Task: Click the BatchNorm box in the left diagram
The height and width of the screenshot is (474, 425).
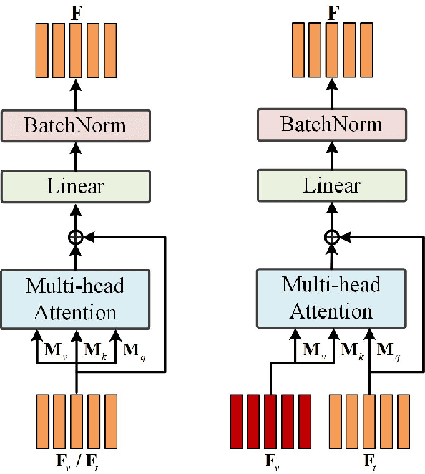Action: [75, 126]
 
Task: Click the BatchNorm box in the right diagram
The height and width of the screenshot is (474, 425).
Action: [331, 126]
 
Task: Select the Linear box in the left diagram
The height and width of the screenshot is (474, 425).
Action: [75, 187]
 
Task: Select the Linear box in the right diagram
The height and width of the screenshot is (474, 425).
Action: [331, 187]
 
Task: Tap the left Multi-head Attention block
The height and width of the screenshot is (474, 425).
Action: [75, 297]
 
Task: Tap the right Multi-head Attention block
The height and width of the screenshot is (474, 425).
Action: [331, 297]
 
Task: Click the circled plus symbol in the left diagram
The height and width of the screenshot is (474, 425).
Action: [75, 237]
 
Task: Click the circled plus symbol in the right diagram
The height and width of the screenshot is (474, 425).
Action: [331, 237]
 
